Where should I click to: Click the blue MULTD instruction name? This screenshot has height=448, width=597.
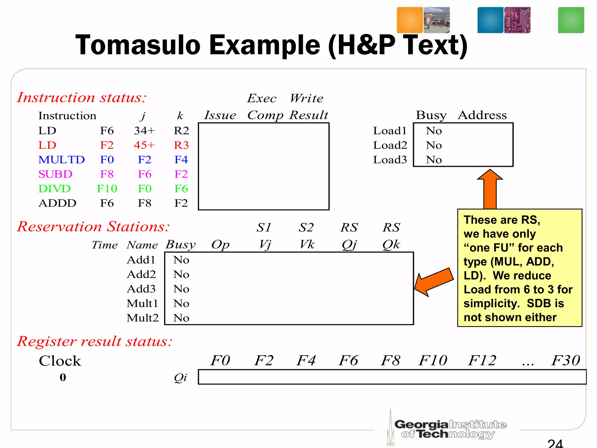click(62, 160)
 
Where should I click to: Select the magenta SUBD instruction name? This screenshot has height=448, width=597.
click(55, 174)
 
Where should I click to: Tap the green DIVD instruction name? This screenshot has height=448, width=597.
click(55, 189)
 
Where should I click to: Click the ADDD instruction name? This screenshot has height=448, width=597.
click(57, 203)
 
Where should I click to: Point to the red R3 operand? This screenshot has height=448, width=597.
click(181, 145)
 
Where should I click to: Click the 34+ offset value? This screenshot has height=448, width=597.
click(144, 130)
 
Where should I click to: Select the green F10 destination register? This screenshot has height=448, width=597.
click(107, 189)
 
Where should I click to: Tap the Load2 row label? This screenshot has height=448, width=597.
click(390, 145)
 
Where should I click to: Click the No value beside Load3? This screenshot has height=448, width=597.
click(434, 160)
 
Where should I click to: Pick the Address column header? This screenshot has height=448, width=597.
click(482, 115)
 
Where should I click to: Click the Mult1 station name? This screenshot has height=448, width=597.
click(142, 303)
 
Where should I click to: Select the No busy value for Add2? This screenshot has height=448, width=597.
click(181, 274)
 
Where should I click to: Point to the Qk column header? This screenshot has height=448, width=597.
click(391, 244)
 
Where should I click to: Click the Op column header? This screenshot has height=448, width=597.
click(220, 244)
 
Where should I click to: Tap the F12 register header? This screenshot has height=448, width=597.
click(482, 360)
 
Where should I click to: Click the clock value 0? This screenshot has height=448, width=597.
click(63, 377)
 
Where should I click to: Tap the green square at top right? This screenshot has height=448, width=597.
click(571, 20)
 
